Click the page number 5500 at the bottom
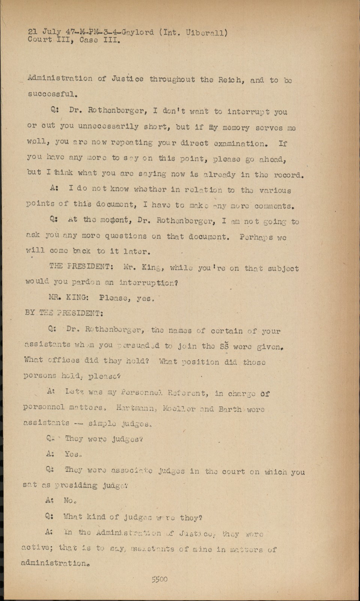(160, 579)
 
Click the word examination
(240, 143)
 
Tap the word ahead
(272, 159)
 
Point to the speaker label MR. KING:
(69, 297)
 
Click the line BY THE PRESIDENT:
(64, 313)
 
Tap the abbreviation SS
(224, 346)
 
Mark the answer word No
(70, 500)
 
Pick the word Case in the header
(89, 40)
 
